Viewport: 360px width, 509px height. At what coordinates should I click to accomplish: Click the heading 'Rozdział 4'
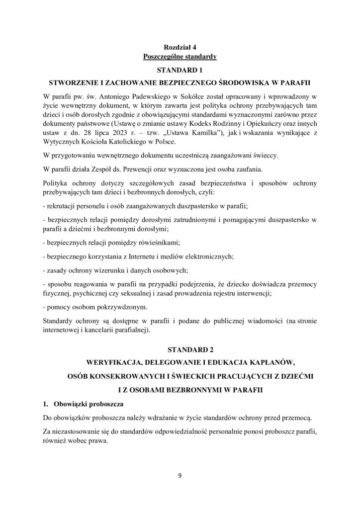point(180,47)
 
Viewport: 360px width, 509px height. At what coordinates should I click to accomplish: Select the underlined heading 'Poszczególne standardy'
point(180,56)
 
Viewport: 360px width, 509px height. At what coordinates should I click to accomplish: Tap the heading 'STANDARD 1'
point(180,69)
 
